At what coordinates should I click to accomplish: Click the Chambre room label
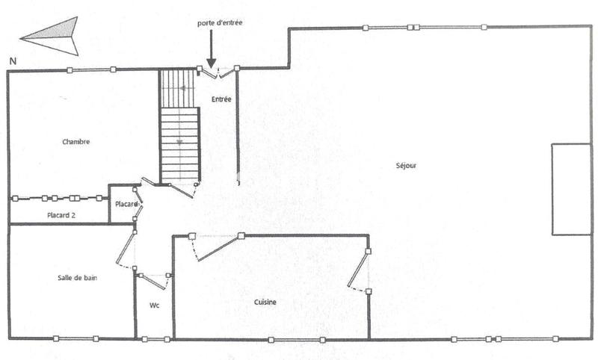click(x=76, y=141)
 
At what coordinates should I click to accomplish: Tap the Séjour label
click(x=406, y=165)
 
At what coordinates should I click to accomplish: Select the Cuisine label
click(x=265, y=302)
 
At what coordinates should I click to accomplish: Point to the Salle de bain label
click(x=78, y=278)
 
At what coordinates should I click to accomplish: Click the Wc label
click(x=154, y=305)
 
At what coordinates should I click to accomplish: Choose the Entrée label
click(x=221, y=99)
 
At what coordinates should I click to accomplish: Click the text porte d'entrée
click(x=220, y=23)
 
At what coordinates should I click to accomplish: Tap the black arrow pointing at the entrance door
click(x=211, y=52)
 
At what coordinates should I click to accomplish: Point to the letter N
click(x=13, y=59)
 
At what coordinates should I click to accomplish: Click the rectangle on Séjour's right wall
click(x=571, y=189)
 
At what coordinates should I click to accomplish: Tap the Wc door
click(x=153, y=281)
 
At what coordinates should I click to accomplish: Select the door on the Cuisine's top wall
click(x=217, y=246)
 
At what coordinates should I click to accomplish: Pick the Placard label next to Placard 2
click(x=126, y=204)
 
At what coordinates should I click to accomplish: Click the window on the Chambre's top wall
click(x=91, y=70)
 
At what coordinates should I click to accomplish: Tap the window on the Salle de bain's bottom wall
click(x=75, y=339)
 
